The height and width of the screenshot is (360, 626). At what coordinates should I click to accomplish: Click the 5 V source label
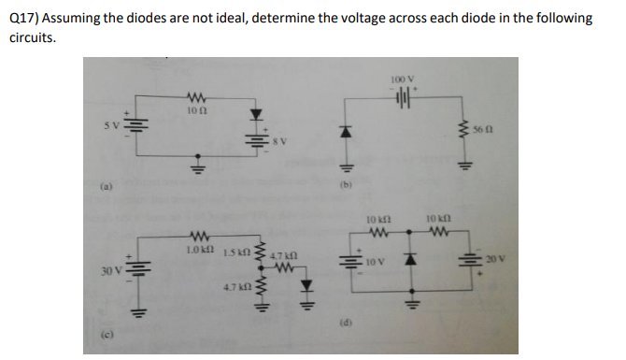[x=113, y=126]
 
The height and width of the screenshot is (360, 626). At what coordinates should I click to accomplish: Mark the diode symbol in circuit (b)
[x=345, y=133]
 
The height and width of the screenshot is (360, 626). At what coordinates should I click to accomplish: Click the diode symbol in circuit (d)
[x=410, y=258]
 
